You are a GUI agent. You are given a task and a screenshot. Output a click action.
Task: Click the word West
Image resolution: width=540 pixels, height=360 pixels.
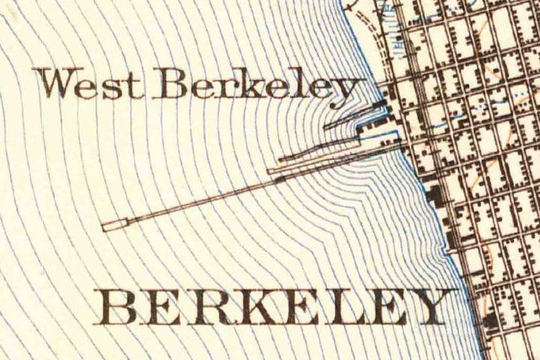click(x=91, y=83)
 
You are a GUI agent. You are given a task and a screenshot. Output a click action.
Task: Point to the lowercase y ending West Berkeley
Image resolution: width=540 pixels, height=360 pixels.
click(x=343, y=90)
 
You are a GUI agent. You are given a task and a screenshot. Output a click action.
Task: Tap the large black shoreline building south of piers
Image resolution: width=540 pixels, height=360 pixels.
click(x=434, y=196)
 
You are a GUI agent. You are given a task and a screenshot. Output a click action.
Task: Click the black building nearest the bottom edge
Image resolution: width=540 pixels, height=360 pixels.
click(x=490, y=322)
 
